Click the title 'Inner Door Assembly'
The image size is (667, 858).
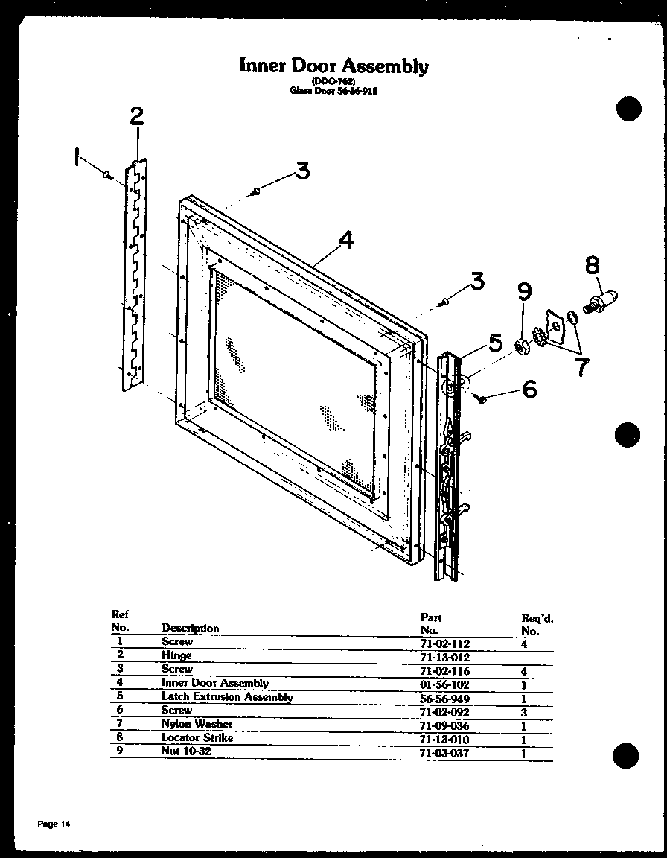pos(333,66)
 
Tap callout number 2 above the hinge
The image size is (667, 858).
pos(136,117)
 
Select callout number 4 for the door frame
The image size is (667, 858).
pos(345,240)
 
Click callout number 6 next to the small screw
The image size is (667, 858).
pos(529,389)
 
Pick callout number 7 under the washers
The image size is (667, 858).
pos(581,366)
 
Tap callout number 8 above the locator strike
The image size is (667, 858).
pos(592,266)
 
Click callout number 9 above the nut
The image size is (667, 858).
pos(524,292)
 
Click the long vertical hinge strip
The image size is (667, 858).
pos(135,274)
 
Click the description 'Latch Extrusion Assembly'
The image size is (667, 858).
pos(226,697)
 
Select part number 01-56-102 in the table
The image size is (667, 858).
pos(445,684)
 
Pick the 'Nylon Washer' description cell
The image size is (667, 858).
pos(197,724)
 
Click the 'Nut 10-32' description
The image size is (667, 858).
pos(186,751)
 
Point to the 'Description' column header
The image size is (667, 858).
pos(191,628)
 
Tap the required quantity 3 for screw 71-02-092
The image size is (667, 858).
pos(524,712)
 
